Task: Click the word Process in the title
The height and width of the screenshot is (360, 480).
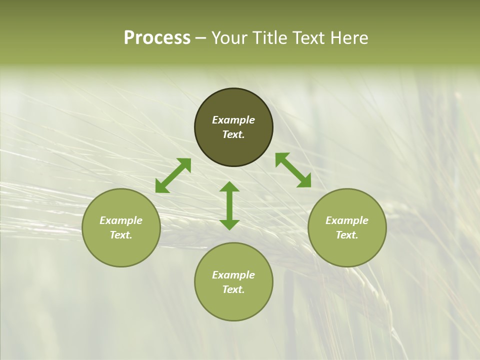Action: pyautogui.click(x=157, y=38)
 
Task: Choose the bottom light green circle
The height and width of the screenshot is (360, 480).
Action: pyautogui.click(x=233, y=305)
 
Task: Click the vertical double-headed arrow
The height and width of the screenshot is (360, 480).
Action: pyautogui.click(x=229, y=205)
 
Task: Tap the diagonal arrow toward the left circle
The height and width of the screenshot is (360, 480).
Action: pyautogui.click(x=173, y=175)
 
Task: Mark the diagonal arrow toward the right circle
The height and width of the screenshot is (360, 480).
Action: pyautogui.click(x=293, y=170)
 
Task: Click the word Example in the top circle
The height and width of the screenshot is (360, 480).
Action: pyautogui.click(x=233, y=120)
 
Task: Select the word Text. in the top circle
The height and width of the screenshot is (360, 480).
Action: pyautogui.click(x=233, y=134)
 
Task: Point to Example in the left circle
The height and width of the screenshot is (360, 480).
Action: pyautogui.click(x=121, y=220)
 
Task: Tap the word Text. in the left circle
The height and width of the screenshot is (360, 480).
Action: pyautogui.click(x=121, y=235)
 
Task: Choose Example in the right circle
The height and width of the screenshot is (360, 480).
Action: pyautogui.click(x=347, y=220)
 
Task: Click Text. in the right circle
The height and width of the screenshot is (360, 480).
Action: pyautogui.click(x=347, y=235)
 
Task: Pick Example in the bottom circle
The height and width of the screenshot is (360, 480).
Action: pyautogui.click(x=233, y=275)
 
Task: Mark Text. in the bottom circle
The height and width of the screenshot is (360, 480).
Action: pyautogui.click(x=233, y=289)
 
